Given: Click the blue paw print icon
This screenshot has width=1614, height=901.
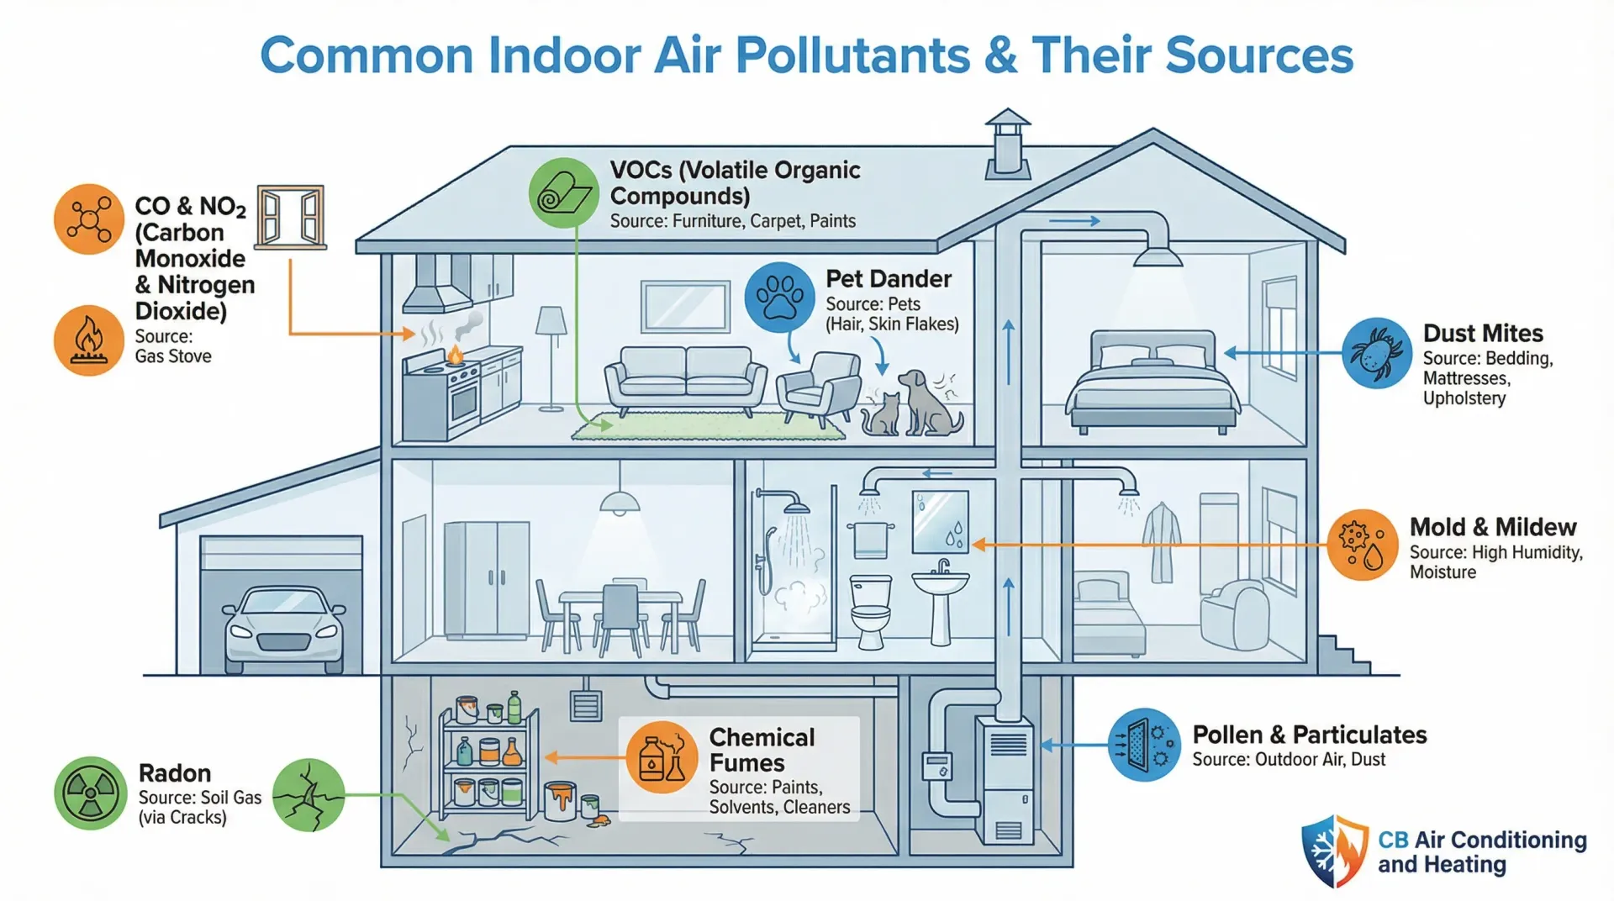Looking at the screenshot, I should pos(779,298).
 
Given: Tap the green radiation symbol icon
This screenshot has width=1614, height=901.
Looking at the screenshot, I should pos(91,793).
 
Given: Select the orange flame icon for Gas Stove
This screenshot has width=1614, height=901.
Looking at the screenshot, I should pos(89,340).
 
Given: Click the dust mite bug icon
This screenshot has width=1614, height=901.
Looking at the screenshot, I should pos(1376,353).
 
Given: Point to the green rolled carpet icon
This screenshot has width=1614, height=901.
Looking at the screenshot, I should pos(563,193).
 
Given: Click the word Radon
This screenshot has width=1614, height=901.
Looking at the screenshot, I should pos(175,773).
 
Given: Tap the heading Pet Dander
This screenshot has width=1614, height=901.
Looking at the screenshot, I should pos(889,279).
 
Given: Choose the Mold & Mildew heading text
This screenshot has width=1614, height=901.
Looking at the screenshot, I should pos(1493,527).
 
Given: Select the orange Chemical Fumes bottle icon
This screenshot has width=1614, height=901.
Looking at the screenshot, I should pos(662,756).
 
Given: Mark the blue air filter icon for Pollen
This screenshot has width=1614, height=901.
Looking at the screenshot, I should pos(1144,745).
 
